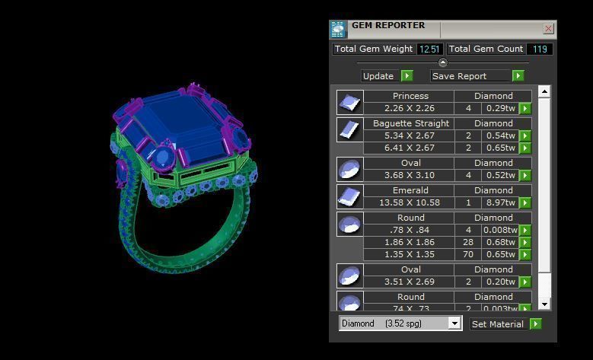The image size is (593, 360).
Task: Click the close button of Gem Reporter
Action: [x=548, y=29]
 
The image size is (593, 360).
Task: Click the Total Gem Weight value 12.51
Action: [x=429, y=49]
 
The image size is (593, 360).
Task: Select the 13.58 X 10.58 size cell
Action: [x=409, y=203]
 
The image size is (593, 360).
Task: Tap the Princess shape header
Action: [x=409, y=97]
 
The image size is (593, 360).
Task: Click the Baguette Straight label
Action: [x=409, y=123]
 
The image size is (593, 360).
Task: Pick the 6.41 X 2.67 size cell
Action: [x=409, y=148]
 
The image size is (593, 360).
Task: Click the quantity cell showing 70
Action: [x=468, y=254]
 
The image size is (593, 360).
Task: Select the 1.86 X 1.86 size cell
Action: [x=409, y=242]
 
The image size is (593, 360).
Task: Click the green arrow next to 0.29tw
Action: [x=525, y=109]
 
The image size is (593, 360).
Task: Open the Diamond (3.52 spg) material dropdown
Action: [x=400, y=323]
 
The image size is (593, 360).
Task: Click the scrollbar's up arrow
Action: [x=544, y=91]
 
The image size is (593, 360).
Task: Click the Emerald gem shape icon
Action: [x=349, y=196]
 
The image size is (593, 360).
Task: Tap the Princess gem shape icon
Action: [x=349, y=103]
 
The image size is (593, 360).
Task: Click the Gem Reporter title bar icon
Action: [x=338, y=29]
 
